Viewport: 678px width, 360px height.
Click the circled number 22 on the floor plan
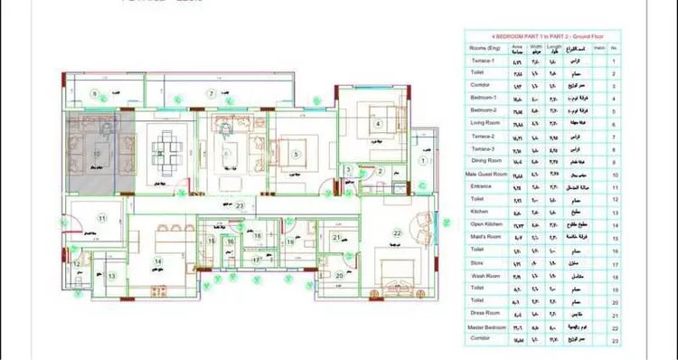click(x=395, y=232)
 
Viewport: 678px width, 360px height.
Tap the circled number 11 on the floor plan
click(x=102, y=219)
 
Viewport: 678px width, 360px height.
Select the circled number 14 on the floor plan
click(x=158, y=261)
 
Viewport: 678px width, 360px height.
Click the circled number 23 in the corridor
click(x=240, y=206)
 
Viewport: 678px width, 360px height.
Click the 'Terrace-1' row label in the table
click(x=482, y=60)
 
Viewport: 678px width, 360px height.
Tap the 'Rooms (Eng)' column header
click(x=486, y=46)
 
